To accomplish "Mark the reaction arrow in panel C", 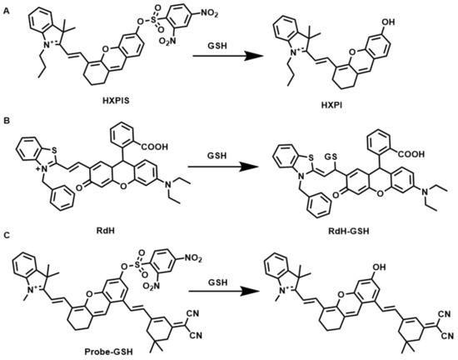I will (225, 290).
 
